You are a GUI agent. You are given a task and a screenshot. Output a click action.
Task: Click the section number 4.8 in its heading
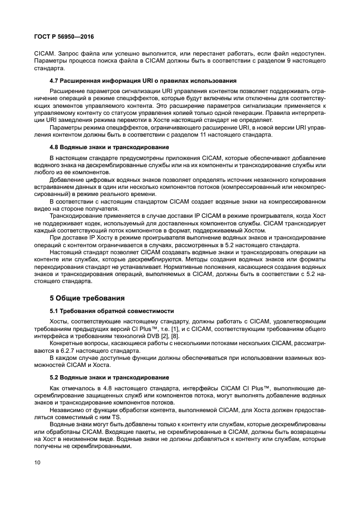(x=54, y=147)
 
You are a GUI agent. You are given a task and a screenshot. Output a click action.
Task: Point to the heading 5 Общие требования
(x=87, y=298)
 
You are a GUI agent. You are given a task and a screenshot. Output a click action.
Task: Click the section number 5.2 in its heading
(x=54, y=377)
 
